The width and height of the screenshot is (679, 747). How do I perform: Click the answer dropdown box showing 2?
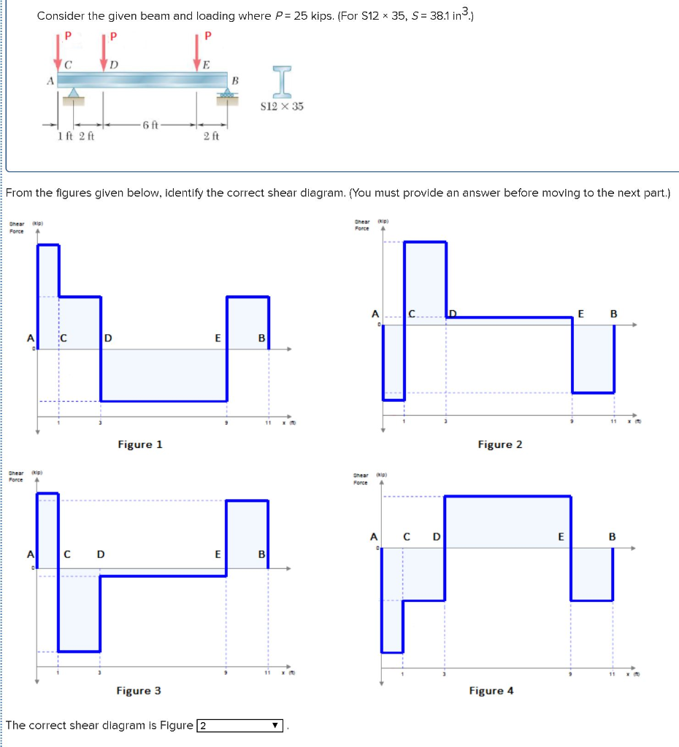click(x=240, y=726)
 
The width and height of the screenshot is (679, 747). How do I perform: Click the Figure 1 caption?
click(x=140, y=444)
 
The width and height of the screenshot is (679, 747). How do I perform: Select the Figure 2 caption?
click(x=500, y=444)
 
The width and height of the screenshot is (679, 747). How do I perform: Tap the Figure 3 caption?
click(x=139, y=690)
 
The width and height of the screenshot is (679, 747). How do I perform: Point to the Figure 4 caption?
click(x=491, y=690)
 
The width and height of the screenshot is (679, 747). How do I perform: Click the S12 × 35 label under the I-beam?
click(x=282, y=107)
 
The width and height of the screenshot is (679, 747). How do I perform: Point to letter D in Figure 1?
click(x=108, y=338)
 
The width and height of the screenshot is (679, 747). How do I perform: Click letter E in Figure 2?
click(x=581, y=314)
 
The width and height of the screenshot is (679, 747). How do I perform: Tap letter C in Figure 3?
click(x=67, y=554)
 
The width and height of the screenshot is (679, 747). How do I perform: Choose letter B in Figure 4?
click(x=613, y=538)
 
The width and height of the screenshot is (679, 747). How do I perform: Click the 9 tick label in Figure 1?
click(x=226, y=423)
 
